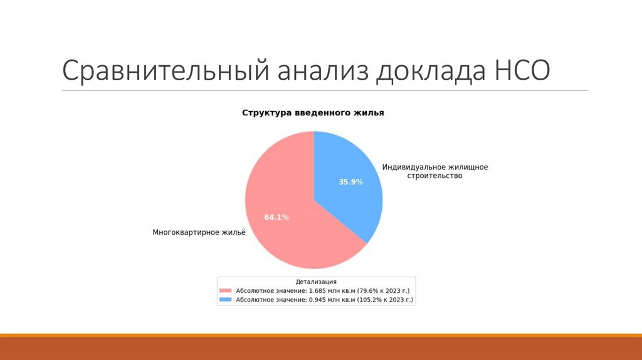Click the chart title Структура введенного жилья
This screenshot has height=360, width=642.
click(313, 114)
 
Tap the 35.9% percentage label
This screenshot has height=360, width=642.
click(350, 182)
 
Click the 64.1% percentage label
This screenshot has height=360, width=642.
click(276, 217)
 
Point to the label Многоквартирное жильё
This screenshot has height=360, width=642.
click(199, 232)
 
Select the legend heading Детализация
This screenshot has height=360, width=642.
click(316, 282)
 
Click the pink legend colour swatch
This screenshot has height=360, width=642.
click(226, 291)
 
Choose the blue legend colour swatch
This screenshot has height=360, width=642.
click(226, 300)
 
